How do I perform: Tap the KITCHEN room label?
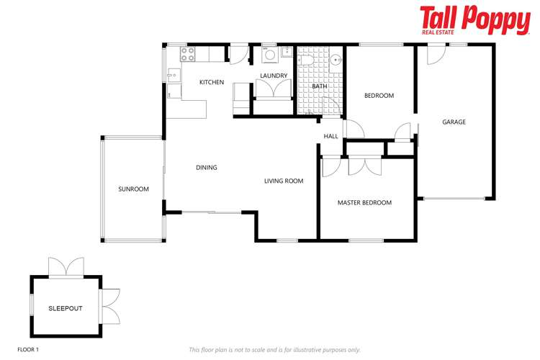[212, 82]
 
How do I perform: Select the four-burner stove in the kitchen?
[188, 53]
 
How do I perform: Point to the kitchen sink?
[173, 74]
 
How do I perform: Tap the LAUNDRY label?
[274, 76]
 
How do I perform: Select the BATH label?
[319, 87]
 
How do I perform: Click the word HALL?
[330, 136]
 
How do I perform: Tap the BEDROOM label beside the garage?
[379, 95]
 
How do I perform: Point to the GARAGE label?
[454, 122]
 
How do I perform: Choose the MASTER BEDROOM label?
[364, 202]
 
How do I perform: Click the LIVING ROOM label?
[283, 181]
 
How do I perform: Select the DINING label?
[206, 168]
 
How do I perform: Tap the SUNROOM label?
[133, 189]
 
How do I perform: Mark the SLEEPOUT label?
[66, 308]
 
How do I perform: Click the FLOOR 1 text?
[28, 349]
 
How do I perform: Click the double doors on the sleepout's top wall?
[66, 267]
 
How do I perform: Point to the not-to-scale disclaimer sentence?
[274, 349]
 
